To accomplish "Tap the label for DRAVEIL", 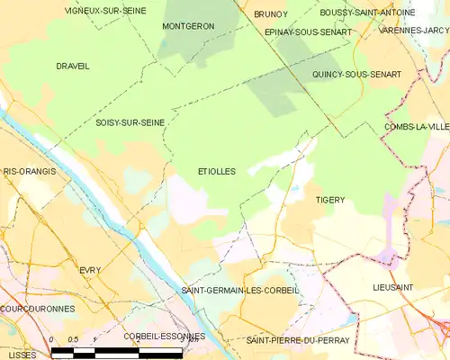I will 72,66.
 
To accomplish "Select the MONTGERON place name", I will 188,26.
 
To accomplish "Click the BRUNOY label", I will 270,14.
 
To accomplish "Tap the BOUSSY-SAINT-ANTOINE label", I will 367,13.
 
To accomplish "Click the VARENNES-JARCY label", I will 413,31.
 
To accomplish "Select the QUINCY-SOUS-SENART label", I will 356,74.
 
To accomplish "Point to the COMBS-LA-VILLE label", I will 416,127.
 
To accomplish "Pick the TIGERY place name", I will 330,199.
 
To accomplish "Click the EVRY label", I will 90,269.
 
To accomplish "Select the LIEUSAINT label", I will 393,285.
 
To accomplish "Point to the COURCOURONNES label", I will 38,308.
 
